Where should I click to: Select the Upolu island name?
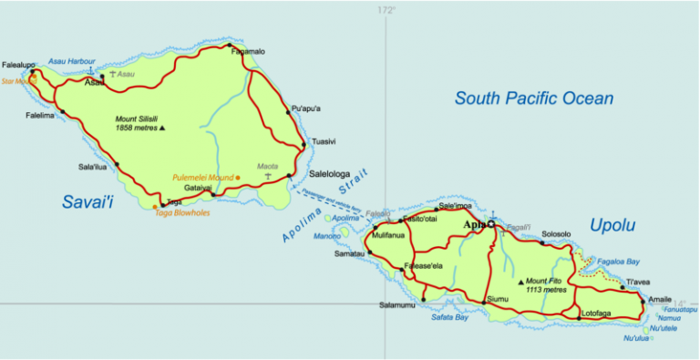612,225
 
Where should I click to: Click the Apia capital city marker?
490,224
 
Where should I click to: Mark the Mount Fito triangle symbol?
521,282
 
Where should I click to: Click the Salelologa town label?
335,172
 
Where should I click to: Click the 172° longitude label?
387,10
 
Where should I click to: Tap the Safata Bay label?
449,318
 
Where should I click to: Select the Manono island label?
327,236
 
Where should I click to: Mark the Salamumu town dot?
424,299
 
